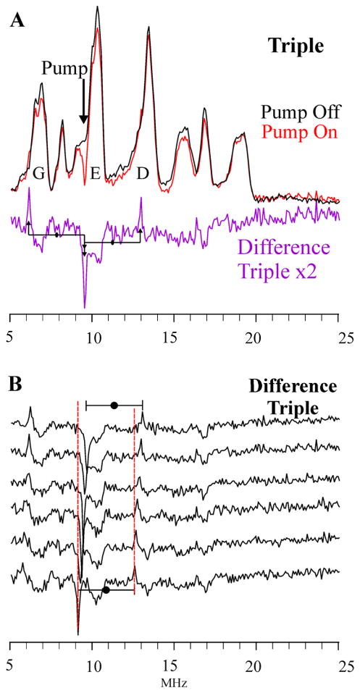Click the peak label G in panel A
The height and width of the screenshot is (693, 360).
pyautogui.click(x=38, y=173)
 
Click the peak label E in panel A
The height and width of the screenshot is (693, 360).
pyautogui.click(x=94, y=173)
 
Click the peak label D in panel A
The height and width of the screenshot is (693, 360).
pyautogui.click(x=143, y=173)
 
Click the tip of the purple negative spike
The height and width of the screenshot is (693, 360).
pyautogui.click(x=85, y=308)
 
